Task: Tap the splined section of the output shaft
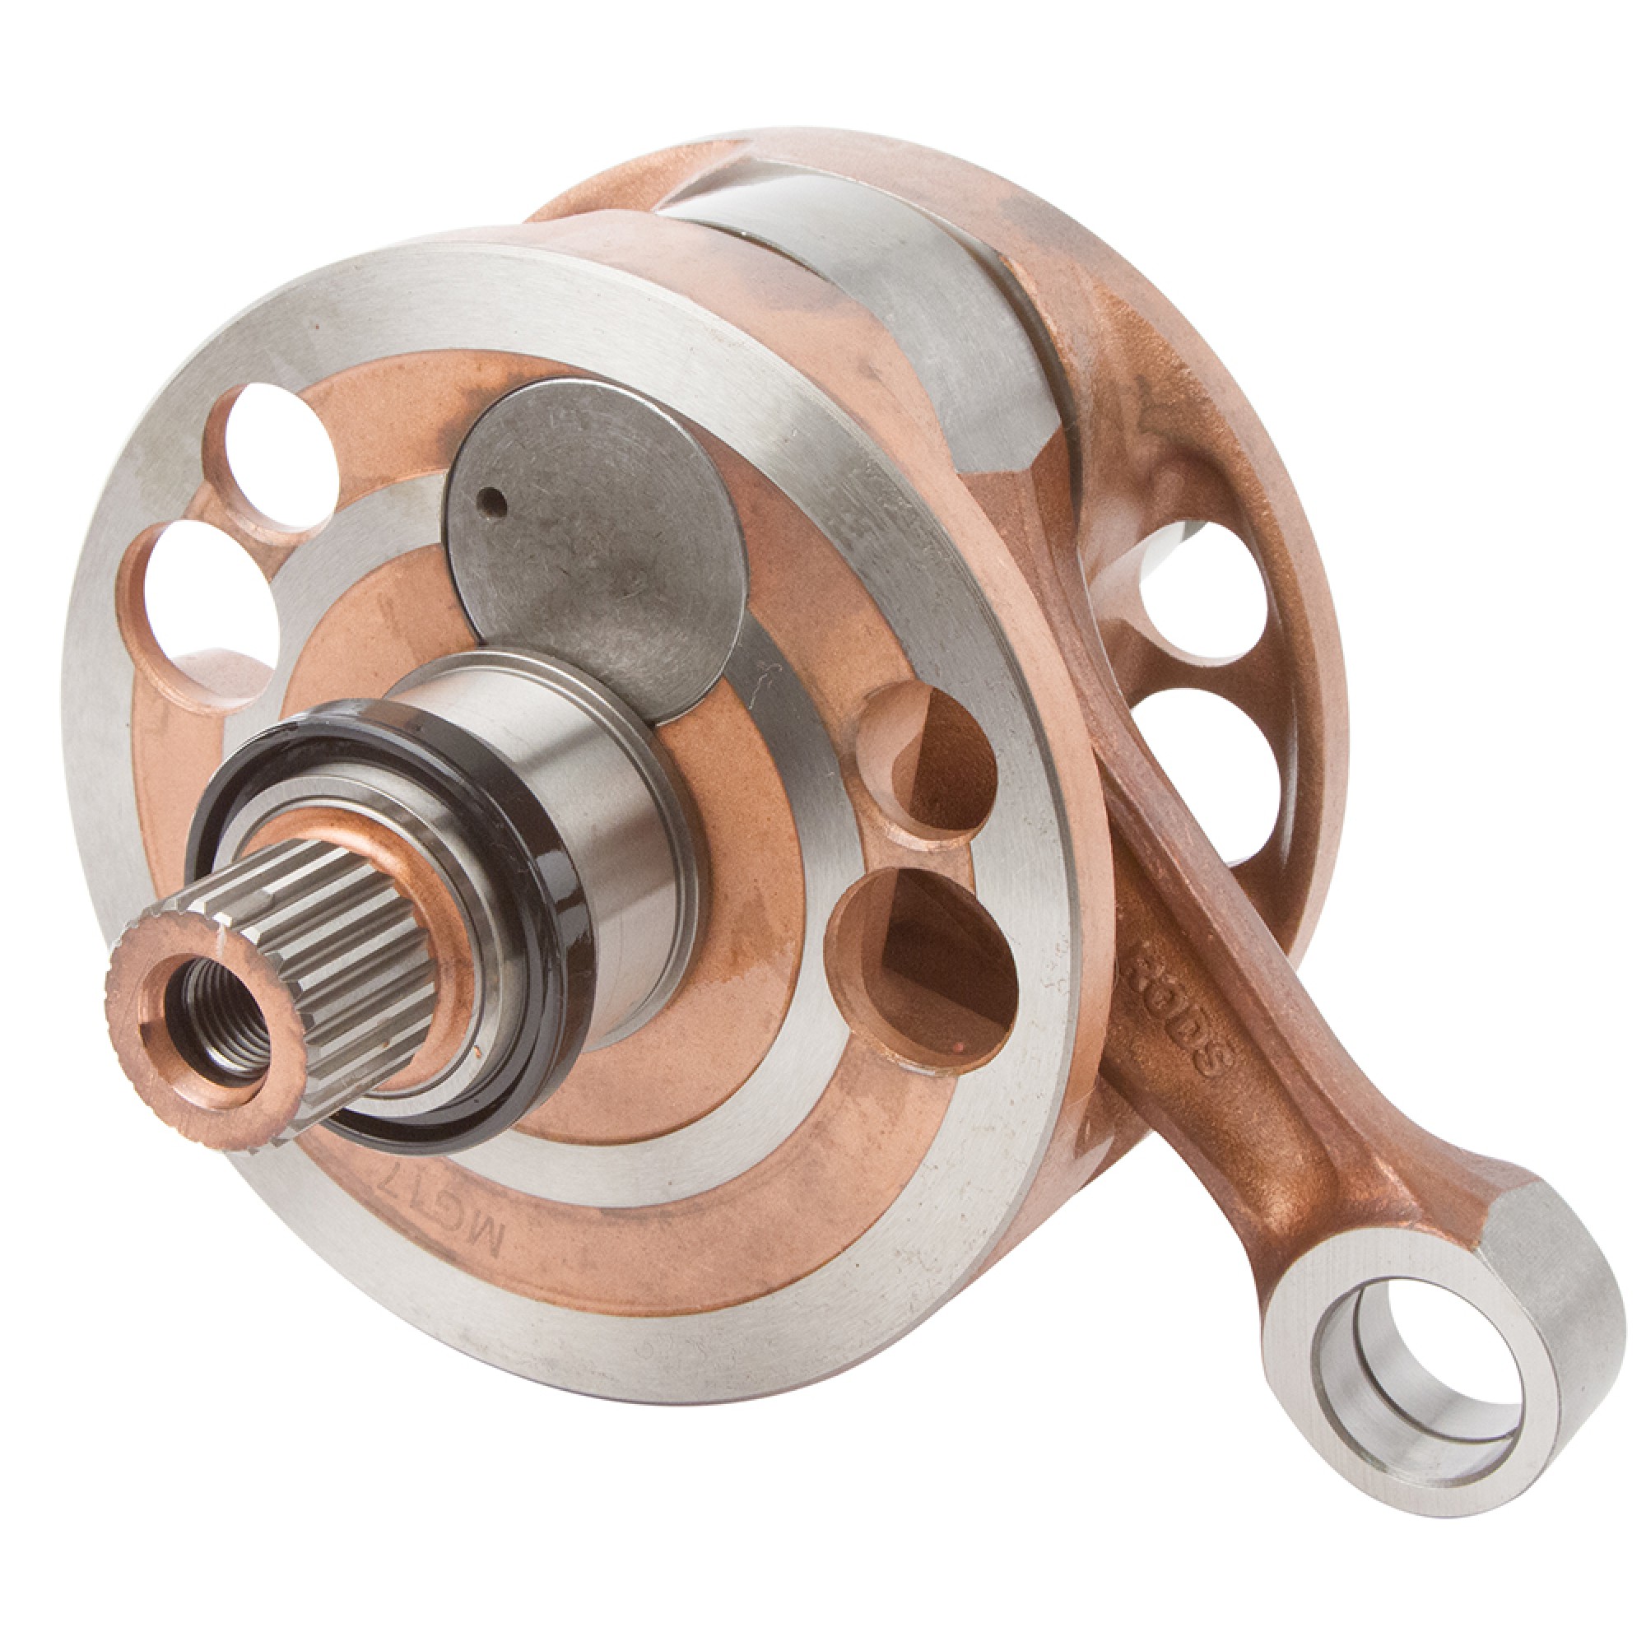[341, 920]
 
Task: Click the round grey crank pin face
[597, 546]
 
